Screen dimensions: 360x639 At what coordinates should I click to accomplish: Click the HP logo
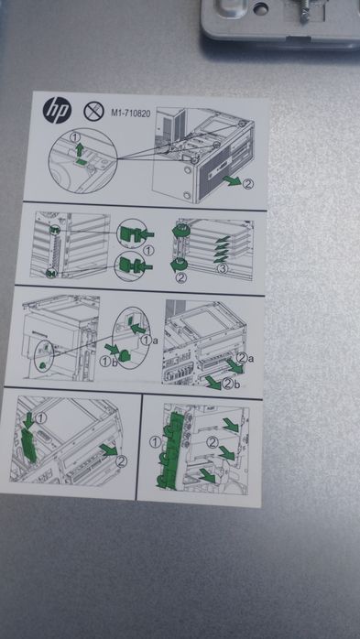pos(57,111)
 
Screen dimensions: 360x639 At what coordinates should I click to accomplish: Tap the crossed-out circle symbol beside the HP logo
pos(93,112)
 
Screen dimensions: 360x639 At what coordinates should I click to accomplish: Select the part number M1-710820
pos(130,114)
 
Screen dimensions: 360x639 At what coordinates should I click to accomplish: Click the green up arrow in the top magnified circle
pos(80,149)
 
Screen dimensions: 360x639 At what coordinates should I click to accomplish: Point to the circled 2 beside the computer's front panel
pos(247,184)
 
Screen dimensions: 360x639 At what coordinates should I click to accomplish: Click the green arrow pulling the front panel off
pos(232,180)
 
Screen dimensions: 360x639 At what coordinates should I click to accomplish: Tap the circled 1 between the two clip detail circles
pos(148,251)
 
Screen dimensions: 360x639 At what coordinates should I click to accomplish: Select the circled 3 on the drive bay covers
pos(222,268)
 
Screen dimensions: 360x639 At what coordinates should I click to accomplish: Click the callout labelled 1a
pos(148,340)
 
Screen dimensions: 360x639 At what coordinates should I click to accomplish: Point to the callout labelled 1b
pos(109,362)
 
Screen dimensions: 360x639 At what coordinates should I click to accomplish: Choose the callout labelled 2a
pos(245,359)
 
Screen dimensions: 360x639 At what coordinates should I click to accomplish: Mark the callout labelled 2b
pos(230,384)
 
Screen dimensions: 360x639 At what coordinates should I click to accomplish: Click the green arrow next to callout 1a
pos(138,328)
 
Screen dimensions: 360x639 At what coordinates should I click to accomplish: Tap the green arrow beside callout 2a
pos(235,366)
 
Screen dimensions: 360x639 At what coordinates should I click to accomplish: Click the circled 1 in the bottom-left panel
pos(41,417)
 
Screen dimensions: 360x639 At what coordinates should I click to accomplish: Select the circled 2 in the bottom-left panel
pos(121,461)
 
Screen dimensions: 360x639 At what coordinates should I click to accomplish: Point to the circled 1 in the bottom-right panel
pos(155,441)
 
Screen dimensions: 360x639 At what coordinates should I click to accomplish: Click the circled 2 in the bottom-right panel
pos(212,442)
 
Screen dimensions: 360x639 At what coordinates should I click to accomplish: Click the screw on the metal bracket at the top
pos(303,11)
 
